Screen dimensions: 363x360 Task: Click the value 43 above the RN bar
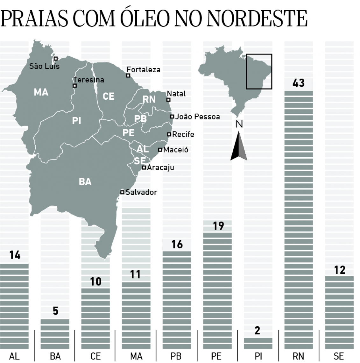299,83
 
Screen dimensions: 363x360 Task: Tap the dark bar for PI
258,343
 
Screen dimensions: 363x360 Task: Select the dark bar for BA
55,334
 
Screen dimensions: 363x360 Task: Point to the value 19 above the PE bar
218,226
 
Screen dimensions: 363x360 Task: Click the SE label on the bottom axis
339,356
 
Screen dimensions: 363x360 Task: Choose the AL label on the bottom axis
14,356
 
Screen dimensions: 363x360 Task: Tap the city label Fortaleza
144,70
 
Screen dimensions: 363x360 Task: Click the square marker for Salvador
122,192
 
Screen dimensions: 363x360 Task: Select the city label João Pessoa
197,117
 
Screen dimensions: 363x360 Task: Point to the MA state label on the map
41,92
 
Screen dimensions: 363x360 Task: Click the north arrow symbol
239,147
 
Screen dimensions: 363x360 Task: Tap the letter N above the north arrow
239,124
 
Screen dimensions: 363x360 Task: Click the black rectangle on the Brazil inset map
259,71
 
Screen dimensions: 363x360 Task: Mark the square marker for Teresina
74,86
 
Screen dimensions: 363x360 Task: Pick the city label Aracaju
160,167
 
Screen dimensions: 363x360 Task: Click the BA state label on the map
85,181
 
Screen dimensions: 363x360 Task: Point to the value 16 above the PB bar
177,244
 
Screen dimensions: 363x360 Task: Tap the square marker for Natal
168,100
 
